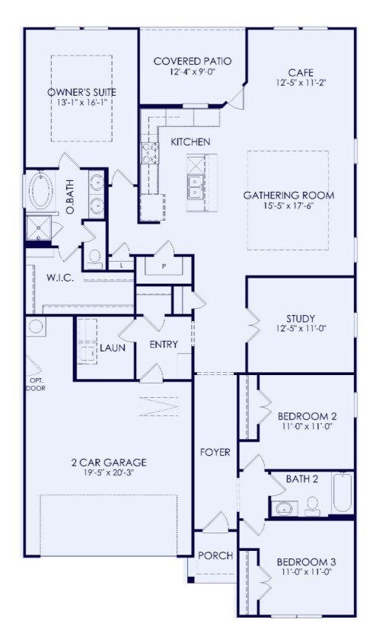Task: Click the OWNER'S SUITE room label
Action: click(81, 93)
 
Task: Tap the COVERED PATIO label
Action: click(192, 62)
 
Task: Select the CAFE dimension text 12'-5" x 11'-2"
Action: click(301, 82)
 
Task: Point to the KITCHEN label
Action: click(190, 142)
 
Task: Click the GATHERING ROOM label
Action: click(288, 196)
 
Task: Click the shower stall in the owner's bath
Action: click(37, 226)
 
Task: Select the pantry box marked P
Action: click(164, 267)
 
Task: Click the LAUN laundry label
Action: click(112, 348)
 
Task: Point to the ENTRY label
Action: click(163, 345)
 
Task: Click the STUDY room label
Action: click(301, 318)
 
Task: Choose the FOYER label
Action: click(215, 452)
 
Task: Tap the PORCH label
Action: click(215, 555)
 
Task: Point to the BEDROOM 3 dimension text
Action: click(307, 573)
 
